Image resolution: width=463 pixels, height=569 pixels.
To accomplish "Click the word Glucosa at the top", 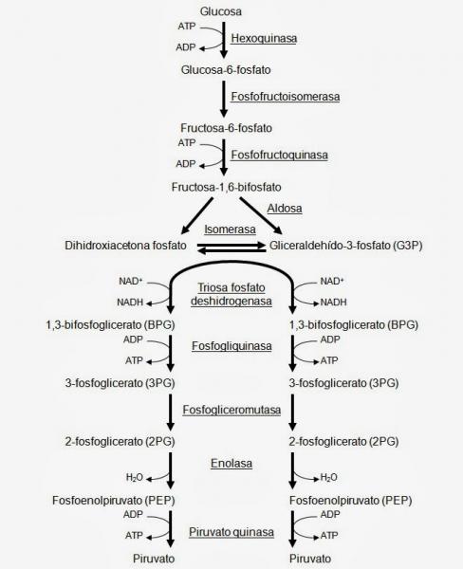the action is coord(221,11).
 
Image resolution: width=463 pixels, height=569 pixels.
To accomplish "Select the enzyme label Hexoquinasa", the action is coord(264,38).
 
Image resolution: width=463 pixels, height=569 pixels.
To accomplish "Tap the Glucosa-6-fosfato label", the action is coord(226,69).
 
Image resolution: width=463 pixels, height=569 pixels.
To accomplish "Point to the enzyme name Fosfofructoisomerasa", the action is coord(286,97).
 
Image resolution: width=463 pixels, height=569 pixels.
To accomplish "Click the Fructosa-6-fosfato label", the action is coord(226,128).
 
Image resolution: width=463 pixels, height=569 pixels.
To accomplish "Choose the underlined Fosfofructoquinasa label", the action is coord(280,155).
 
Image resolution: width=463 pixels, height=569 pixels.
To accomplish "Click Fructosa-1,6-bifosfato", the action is coord(226,187).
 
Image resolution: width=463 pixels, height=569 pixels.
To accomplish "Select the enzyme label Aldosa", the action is coord(285,209).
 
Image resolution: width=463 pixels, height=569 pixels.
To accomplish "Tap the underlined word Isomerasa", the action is coord(230,229).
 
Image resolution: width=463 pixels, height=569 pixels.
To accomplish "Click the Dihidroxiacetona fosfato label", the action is coord(125,246).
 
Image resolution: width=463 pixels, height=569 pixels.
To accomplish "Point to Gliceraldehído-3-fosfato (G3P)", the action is coord(345,246).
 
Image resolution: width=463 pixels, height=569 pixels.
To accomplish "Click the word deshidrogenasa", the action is coord(231,302).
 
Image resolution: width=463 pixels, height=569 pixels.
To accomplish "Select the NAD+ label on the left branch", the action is coord(130,281).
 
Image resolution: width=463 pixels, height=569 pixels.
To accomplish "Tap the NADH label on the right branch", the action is coord(333,302).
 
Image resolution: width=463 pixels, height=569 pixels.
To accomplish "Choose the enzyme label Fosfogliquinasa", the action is coord(231,346).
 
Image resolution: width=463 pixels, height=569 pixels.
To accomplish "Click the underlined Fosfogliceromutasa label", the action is coord(231,410).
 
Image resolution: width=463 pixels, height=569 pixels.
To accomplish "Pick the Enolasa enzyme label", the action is coord(231,463).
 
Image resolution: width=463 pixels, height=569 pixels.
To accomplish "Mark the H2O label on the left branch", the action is coord(135,477).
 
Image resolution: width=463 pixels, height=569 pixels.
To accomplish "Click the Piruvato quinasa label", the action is coord(231,532).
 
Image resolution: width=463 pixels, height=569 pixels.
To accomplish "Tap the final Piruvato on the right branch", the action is coord(310,559).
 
